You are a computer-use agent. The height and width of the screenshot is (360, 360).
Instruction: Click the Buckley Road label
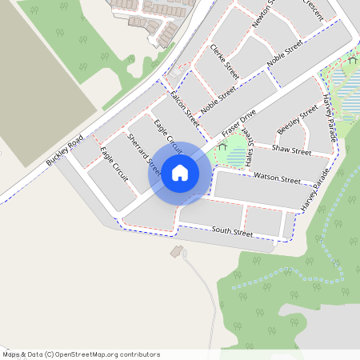point(65,150)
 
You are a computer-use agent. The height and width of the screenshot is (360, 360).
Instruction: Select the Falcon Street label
point(185,110)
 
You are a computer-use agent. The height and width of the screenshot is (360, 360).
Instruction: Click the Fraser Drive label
point(238,122)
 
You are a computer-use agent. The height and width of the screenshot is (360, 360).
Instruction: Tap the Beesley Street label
point(298,121)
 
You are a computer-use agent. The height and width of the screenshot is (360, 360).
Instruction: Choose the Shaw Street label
point(291,150)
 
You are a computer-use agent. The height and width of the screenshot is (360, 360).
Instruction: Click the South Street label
point(232,231)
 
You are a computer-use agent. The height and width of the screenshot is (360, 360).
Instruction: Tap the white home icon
point(180,172)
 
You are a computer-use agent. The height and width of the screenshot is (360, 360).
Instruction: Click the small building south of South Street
point(176,251)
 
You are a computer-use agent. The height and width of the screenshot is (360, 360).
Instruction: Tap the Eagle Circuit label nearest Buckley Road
point(114,164)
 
